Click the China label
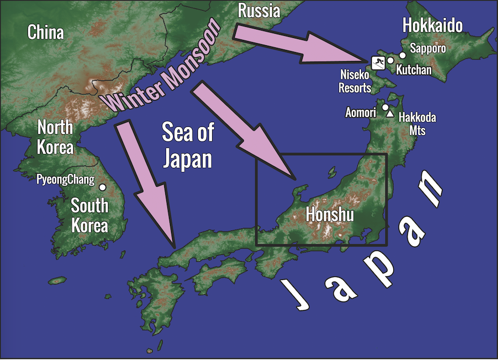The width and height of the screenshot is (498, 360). pyautogui.click(x=46, y=33)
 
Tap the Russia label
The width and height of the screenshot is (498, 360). pyautogui.click(x=258, y=10)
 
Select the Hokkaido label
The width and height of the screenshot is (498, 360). pyautogui.click(x=432, y=25)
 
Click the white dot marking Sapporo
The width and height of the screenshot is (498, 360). pyautogui.click(x=403, y=55)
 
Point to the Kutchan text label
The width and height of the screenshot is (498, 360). pyautogui.click(x=413, y=69)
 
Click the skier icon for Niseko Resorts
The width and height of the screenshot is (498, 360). pyautogui.click(x=377, y=63)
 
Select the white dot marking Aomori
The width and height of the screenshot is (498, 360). pyautogui.click(x=385, y=107)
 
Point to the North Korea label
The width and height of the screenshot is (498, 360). pyautogui.click(x=55, y=136)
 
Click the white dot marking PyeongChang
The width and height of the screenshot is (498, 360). pyautogui.click(x=103, y=187)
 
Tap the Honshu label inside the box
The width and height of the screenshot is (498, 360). pyautogui.click(x=330, y=215)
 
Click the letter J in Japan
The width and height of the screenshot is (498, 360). pyautogui.click(x=296, y=295)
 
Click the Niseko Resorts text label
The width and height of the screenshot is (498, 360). pyautogui.click(x=354, y=82)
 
